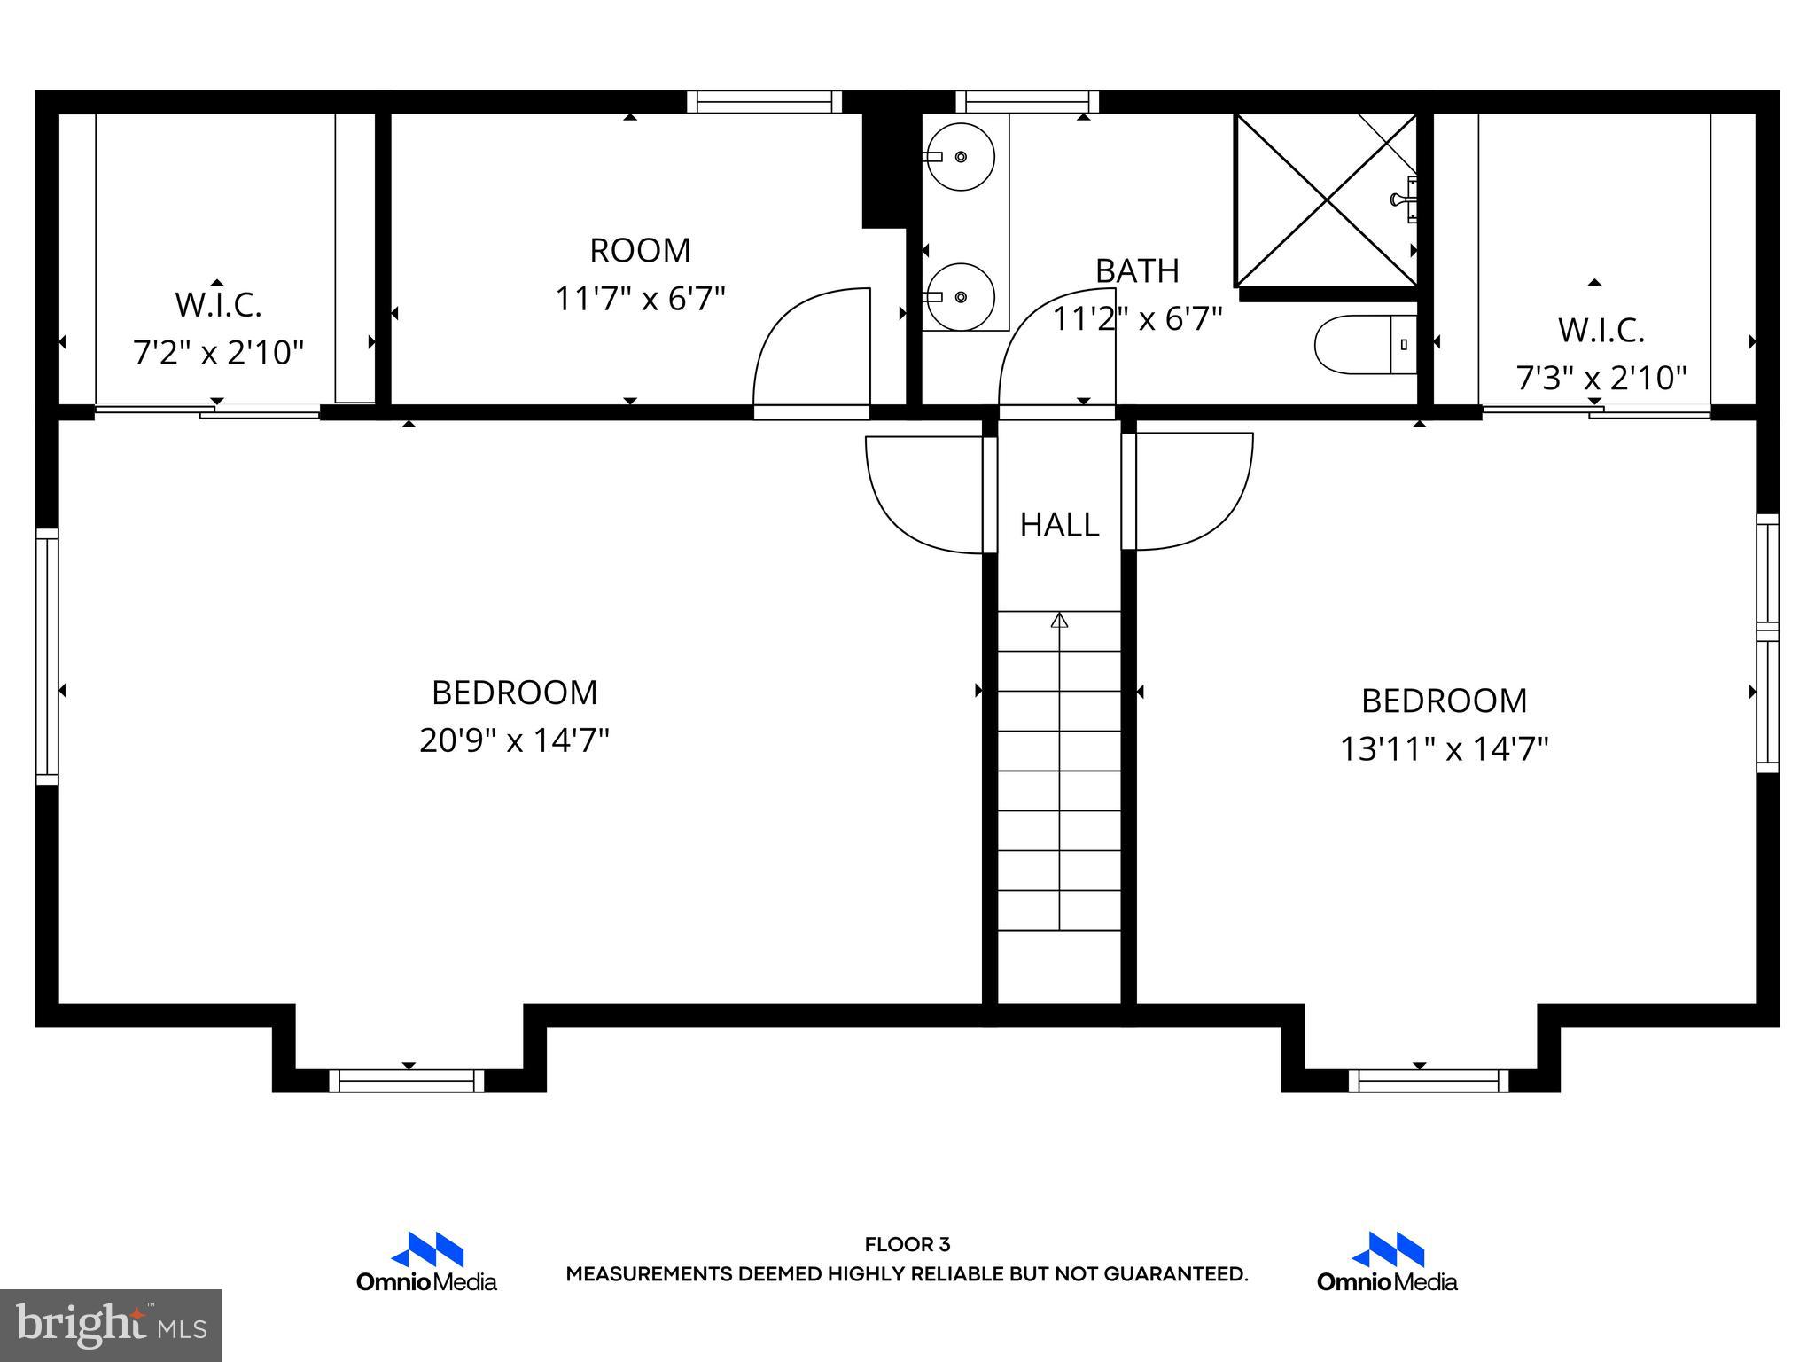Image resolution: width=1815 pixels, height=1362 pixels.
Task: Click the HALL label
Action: tap(1059, 525)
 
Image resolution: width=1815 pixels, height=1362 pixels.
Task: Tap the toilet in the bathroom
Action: tap(1365, 344)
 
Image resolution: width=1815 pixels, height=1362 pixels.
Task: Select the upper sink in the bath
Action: tap(961, 157)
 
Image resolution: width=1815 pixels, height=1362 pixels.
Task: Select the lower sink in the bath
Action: tap(961, 297)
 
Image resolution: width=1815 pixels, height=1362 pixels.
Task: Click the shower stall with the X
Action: tap(1327, 200)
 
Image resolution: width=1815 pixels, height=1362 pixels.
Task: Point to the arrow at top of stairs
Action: tap(1059, 620)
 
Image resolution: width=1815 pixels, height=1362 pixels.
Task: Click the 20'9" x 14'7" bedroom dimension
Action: tap(514, 740)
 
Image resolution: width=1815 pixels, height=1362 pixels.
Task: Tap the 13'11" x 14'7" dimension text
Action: tap(1444, 749)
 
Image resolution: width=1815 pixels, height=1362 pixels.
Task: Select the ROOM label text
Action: tap(640, 251)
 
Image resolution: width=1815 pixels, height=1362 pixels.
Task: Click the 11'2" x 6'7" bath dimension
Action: tap(1137, 318)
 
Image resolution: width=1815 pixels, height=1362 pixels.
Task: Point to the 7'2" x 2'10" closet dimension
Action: tap(218, 353)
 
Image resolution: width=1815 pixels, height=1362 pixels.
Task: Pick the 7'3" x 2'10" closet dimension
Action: tap(1601, 379)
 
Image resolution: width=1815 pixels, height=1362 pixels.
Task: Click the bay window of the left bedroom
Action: tap(407, 1080)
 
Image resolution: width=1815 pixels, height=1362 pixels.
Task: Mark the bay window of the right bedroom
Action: tap(1428, 1080)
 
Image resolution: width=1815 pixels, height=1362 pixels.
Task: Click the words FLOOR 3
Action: tap(907, 1244)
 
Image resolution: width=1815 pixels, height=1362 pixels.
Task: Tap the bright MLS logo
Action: tap(111, 1325)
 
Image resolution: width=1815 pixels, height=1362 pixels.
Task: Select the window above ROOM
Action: tap(764, 102)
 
